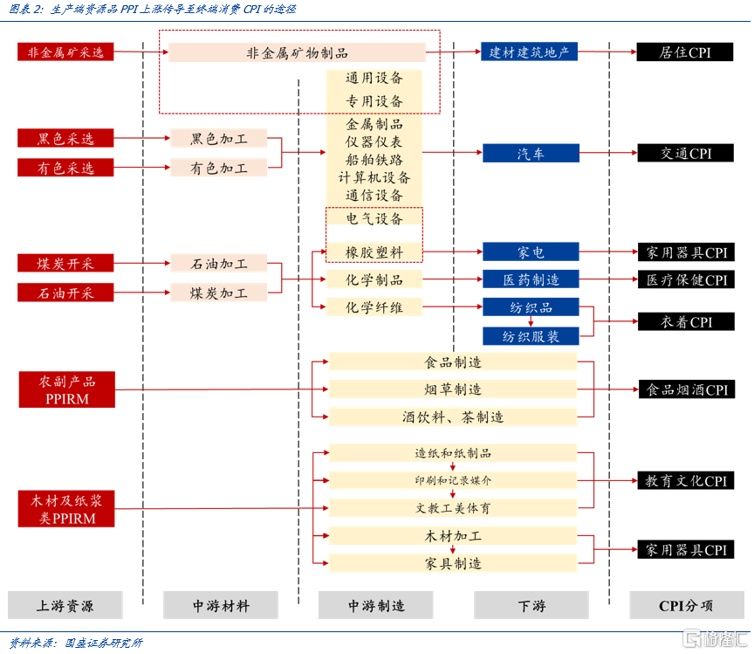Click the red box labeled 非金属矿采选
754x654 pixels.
tap(65, 52)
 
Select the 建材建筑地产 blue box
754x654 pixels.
tap(530, 52)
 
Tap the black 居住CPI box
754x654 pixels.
tap(685, 52)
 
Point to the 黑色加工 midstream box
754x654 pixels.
tap(219, 139)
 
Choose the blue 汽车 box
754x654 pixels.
tap(530, 154)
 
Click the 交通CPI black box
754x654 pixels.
tap(685, 154)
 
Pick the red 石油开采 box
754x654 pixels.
tap(65, 293)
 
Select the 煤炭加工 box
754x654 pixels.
tap(219, 293)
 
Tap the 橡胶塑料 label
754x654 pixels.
tap(374, 252)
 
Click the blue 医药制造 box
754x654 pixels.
tap(530, 279)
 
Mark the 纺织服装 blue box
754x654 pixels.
tap(530, 336)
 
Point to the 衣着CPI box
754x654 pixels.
tap(685, 322)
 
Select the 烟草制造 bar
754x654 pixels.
tap(452, 389)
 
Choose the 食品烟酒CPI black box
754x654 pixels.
tap(685, 389)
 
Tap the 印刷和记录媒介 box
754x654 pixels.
tap(452, 480)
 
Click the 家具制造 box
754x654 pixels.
tap(452, 563)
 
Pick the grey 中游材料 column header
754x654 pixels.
tap(220, 605)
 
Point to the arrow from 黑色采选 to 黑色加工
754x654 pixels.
tap(143, 139)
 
